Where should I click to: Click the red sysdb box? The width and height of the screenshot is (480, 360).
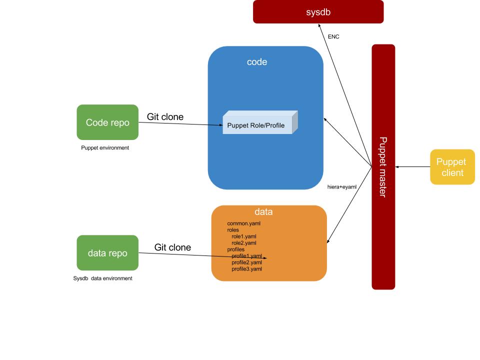pos(318,11)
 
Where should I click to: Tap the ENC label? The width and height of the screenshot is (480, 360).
pos(333,36)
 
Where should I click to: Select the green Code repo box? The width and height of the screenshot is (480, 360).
pos(107,122)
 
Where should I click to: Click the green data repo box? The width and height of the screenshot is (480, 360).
pos(107,253)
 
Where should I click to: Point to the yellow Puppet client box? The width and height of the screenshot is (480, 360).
pos(452,167)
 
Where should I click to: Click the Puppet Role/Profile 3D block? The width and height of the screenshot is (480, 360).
pos(257,124)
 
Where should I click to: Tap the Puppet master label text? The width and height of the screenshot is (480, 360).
pos(383,167)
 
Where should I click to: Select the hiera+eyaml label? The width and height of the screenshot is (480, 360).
pos(341,186)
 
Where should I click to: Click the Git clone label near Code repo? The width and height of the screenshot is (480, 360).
pos(165,117)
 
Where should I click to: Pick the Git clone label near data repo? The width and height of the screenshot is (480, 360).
pos(172,247)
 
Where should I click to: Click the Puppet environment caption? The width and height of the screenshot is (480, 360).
pos(105,147)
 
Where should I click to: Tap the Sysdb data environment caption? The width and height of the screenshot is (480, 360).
pos(103,278)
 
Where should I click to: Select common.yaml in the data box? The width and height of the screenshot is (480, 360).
pos(244,223)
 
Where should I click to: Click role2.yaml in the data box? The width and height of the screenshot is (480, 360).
pos(244,243)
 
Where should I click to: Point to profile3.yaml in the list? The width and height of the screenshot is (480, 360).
pos(246,269)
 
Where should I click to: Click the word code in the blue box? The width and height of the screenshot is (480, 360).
pos(257,62)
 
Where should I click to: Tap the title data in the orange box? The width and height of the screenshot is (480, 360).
pos(263,212)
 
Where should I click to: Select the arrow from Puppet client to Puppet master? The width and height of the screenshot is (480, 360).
pos(412,167)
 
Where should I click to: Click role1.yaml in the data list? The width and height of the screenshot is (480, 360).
pos(244,236)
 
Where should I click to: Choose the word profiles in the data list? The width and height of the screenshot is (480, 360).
pos(236,249)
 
